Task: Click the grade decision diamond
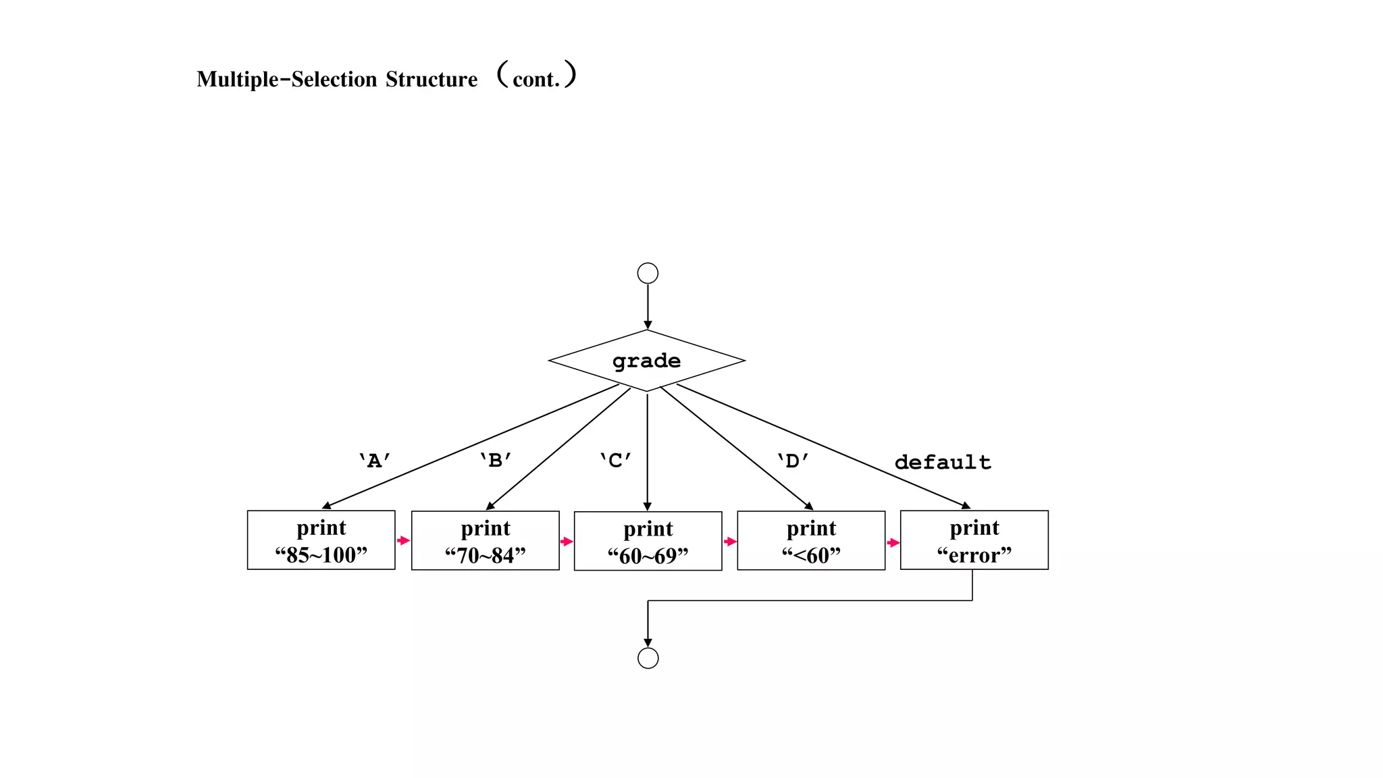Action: coord(646,361)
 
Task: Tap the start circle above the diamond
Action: coord(648,273)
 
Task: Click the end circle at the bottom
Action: coord(648,658)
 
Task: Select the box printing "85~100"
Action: coord(321,540)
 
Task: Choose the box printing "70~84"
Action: coord(485,541)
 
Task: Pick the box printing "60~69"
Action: coord(648,542)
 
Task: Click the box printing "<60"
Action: coord(811,541)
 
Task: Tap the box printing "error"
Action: coord(974,540)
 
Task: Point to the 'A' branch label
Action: coord(374,461)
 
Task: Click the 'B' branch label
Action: coord(495,461)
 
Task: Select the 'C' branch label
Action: coord(615,461)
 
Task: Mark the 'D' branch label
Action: coord(792,461)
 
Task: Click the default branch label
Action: coord(943,463)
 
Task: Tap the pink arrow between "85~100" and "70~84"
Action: coord(404,540)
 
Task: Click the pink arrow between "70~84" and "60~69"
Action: coord(567,542)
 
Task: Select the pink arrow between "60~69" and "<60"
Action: coord(730,542)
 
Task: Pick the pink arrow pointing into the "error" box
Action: coord(893,543)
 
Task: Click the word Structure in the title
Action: coord(432,80)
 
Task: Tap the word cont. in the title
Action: coord(536,80)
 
